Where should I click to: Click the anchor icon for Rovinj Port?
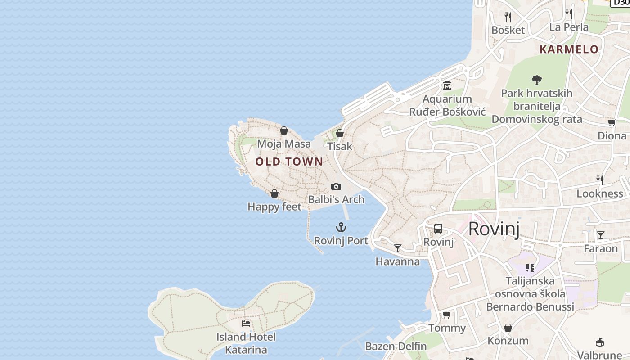coord(341,227)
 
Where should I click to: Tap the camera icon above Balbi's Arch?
coord(336,186)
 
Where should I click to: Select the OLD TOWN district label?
coord(289,162)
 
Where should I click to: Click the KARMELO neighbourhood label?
coord(569,49)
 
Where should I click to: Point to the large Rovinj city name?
coord(494,229)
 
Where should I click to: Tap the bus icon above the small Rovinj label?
coord(438,229)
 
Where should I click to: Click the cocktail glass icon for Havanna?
coord(398,248)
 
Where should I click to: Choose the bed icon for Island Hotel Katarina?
coord(246,323)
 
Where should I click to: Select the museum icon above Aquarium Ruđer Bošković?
coord(447,85)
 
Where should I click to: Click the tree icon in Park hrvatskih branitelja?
coord(536,80)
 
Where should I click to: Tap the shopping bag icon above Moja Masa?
coord(284,130)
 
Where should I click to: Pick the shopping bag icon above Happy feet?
coord(274,193)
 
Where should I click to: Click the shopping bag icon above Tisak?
coord(340,133)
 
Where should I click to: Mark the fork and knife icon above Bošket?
coord(508,17)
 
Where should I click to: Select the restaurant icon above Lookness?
coord(600,180)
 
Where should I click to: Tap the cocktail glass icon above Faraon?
coord(601,235)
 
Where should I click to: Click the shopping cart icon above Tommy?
coord(447,315)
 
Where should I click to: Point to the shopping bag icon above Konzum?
coord(508,328)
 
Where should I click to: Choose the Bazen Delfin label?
coord(396,346)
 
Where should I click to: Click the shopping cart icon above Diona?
coord(612,122)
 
